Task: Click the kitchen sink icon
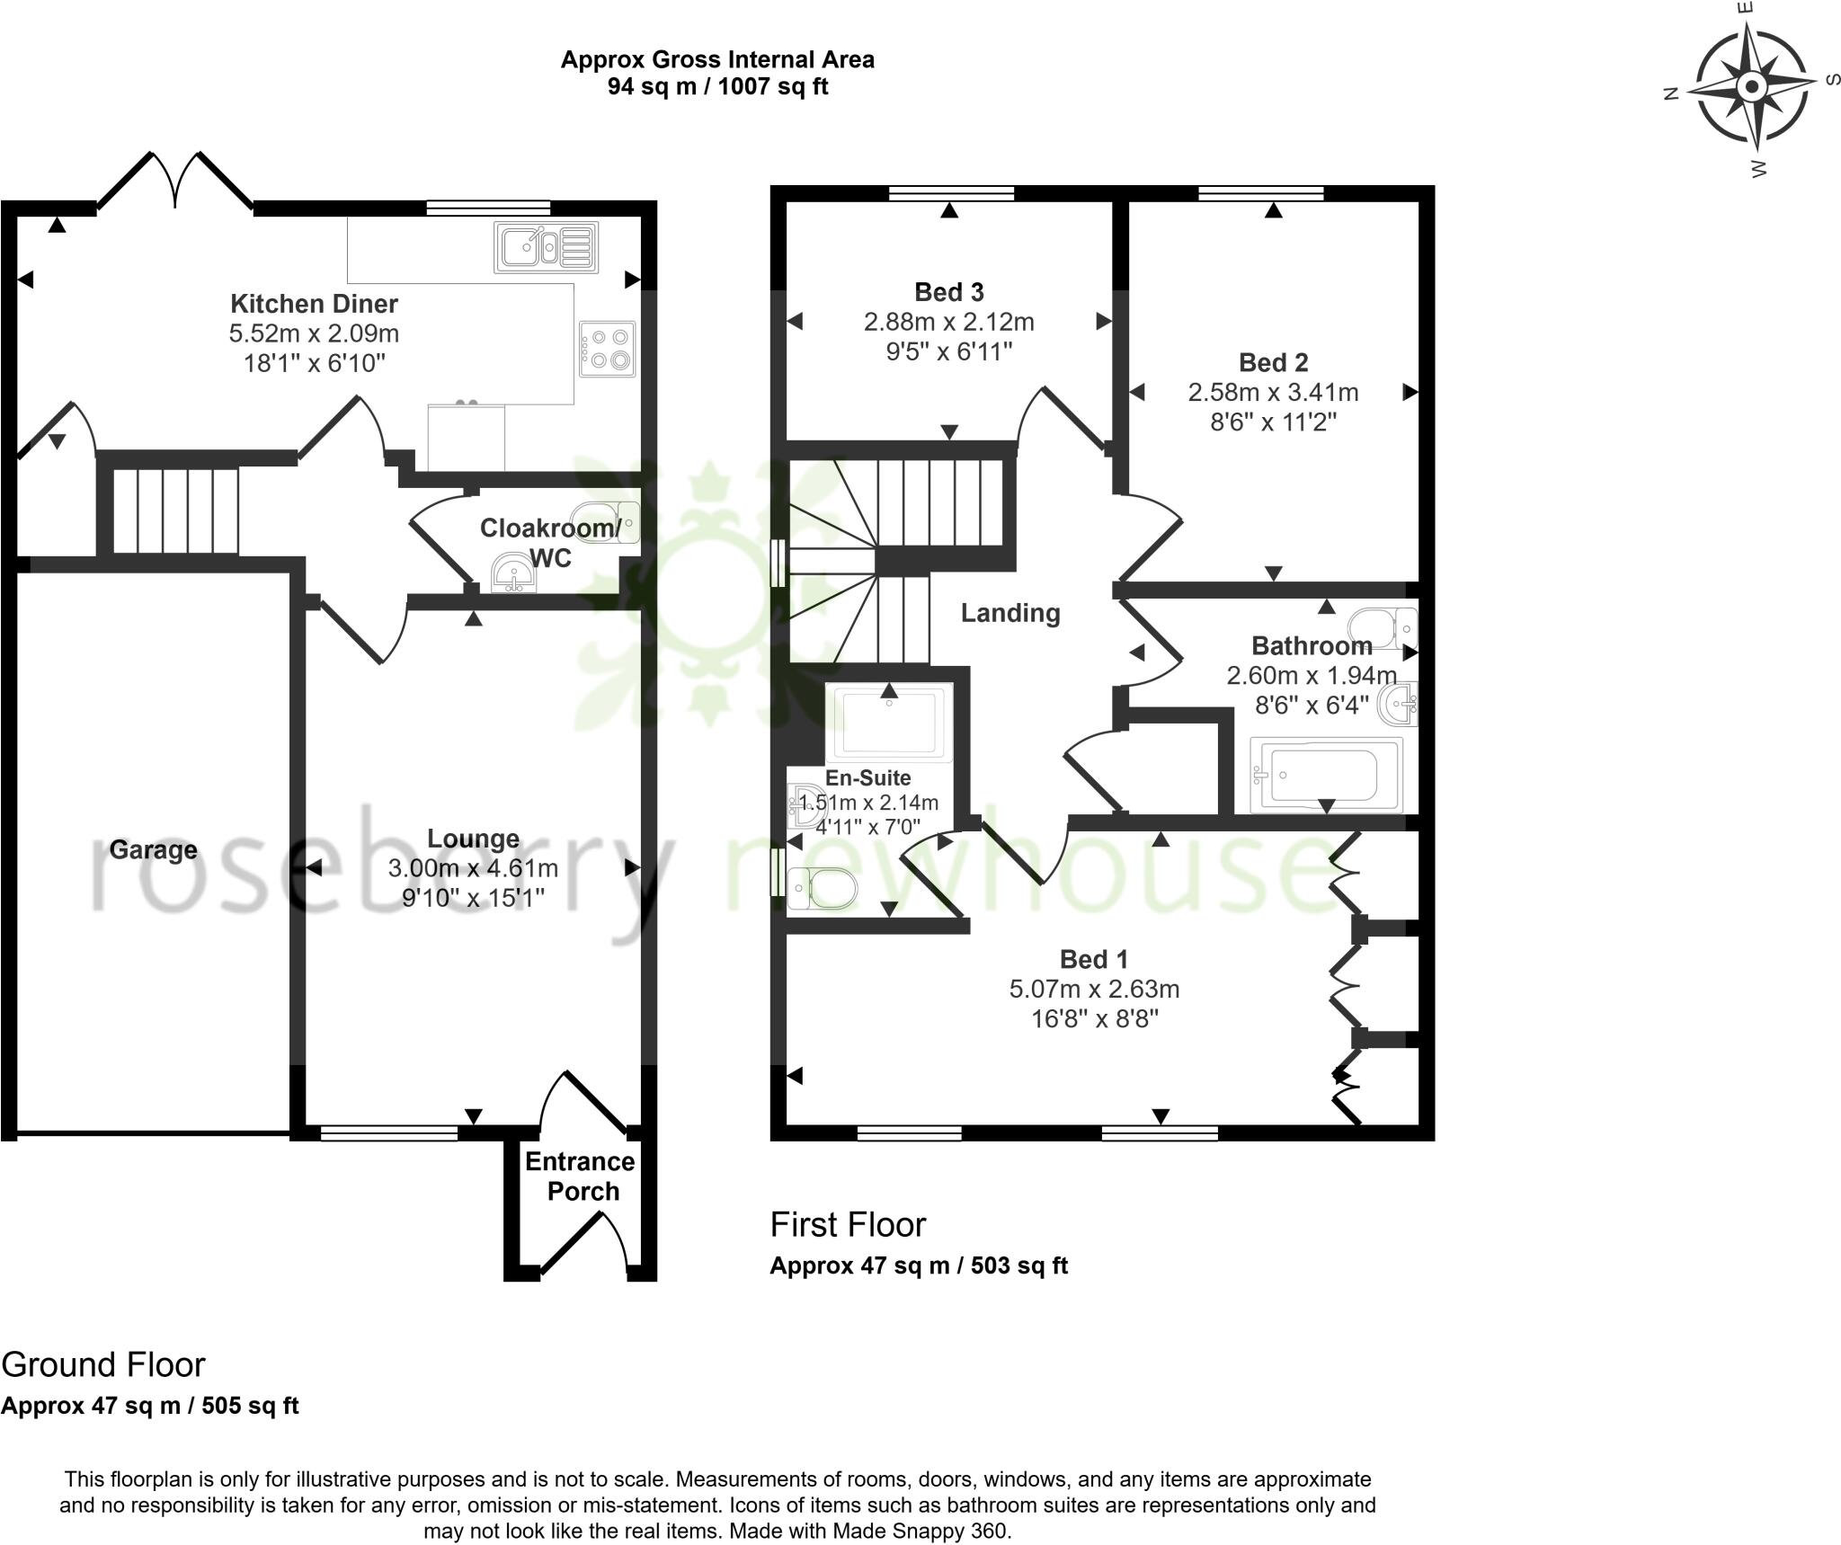tap(546, 247)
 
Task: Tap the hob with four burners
tap(608, 350)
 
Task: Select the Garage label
tap(153, 849)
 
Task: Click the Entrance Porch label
tap(581, 1176)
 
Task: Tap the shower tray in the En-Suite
tap(890, 724)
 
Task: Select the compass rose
tap(1751, 88)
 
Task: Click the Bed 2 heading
tap(1273, 362)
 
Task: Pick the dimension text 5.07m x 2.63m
tap(1094, 989)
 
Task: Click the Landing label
tap(1010, 613)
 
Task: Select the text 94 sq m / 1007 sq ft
tap(717, 86)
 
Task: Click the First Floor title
tap(848, 1224)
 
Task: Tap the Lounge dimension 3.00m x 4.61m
tap(473, 868)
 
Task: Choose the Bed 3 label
tap(948, 291)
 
